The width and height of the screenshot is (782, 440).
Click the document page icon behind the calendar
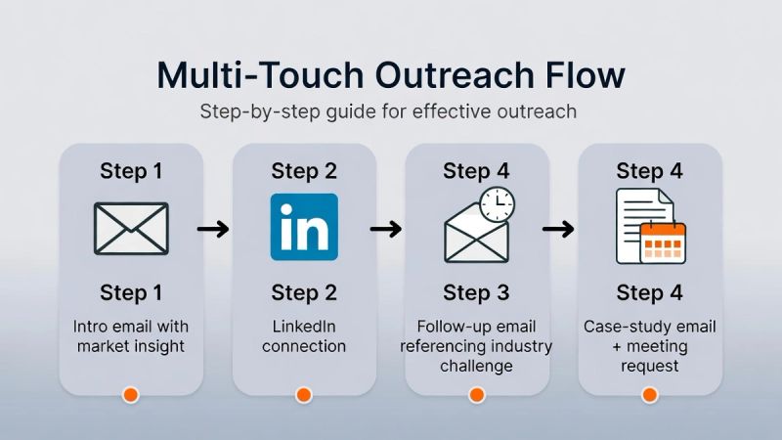(x=637, y=220)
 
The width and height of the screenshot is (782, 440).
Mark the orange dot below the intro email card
(x=130, y=395)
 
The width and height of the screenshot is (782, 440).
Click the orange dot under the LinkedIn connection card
(x=303, y=395)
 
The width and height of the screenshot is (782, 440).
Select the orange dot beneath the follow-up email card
(x=476, y=395)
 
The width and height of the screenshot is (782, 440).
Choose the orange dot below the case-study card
(x=649, y=395)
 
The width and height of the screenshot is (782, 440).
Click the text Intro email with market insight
(x=130, y=335)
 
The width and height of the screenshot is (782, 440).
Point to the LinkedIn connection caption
(x=303, y=335)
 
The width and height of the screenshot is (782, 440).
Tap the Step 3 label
(x=476, y=292)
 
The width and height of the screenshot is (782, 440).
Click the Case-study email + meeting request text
(x=649, y=346)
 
